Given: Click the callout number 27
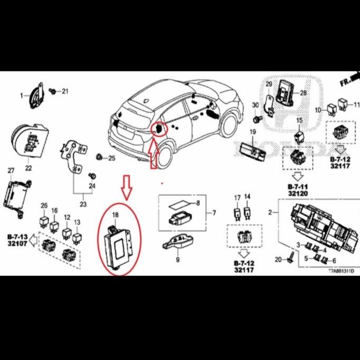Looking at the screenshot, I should coord(11,170).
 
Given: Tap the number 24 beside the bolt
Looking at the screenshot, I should coord(92,186).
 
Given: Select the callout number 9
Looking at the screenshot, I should coord(178,260).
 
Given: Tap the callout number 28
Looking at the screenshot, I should coord(303,93).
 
